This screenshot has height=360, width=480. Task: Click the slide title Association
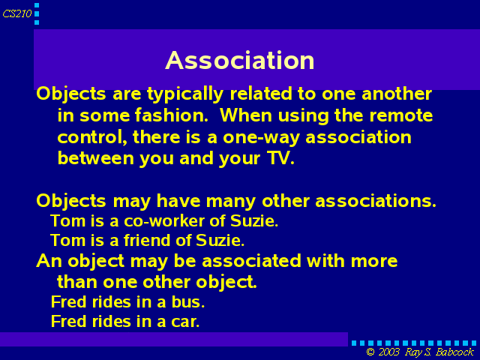(240, 60)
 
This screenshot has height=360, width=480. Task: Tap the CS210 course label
(17, 13)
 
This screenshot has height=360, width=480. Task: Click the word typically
(185, 94)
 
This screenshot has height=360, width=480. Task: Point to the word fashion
(172, 115)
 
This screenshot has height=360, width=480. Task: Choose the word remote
(401, 115)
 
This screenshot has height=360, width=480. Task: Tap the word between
(96, 158)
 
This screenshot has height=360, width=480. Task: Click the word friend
(147, 240)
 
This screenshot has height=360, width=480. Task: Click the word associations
(376, 201)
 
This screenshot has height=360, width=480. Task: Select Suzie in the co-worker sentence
(254, 220)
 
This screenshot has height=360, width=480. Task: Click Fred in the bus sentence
(68, 301)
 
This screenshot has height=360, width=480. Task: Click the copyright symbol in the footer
(370, 352)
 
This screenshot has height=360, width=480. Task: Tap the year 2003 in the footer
(388, 352)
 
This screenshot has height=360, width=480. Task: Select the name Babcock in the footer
(455, 352)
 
